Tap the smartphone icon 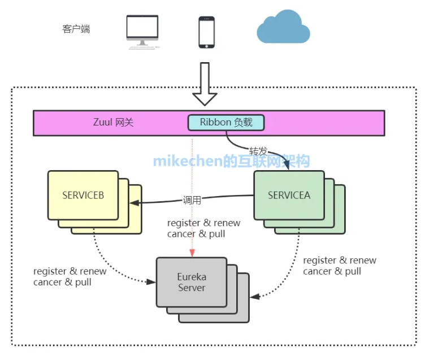[206, 32]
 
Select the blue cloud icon [283, 28]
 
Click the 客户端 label [76, 29]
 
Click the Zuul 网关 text [113, 122]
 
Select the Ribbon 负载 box [226, 122]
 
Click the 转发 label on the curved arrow [258, 152]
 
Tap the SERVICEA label [289, 196]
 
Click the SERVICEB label [83, 196]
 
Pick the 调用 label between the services [192, 199]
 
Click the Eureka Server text [192, 283]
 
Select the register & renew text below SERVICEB [70, 271]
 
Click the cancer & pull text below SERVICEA [332, 271]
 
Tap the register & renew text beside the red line [203, 223]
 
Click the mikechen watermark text [231, 161]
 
